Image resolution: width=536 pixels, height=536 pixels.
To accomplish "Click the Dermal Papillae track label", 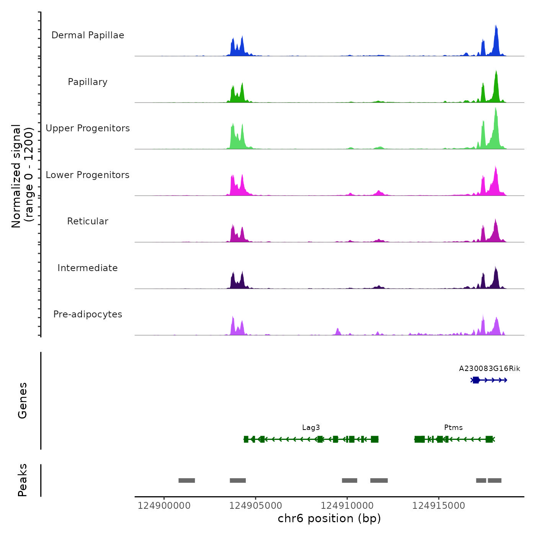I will tap(88, 35).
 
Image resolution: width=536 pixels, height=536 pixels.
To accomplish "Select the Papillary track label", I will tap(88, 82).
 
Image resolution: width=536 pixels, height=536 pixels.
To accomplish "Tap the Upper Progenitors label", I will tap(88, 128).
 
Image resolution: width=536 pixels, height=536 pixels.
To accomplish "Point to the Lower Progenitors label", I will tap(88, 175).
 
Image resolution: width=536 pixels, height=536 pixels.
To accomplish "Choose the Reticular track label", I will tap(88, 221).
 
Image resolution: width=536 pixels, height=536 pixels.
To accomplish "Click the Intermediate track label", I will tap(88, 268).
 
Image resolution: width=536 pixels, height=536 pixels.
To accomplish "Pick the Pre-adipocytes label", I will tap(88, 314).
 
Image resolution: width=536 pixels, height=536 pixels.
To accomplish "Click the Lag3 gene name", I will tap(311, 428).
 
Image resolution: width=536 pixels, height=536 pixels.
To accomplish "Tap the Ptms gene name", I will tap(453, 428).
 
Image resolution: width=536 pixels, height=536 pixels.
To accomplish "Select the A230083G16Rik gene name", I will tap(489, 369).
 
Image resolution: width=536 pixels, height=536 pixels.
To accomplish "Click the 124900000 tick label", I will tap(164, 506).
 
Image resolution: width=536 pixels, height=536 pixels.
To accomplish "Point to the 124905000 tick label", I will tap(255, 506).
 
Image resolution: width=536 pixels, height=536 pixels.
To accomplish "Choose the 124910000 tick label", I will tap(347, 506).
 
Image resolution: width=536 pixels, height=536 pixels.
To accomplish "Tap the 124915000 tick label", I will tap(438, 506).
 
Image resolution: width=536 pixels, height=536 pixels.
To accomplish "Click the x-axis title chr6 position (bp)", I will tap(329, 518).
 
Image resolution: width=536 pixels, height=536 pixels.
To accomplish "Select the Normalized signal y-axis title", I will tap(22, 176).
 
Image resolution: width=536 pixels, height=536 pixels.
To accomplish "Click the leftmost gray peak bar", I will tap(186, 480).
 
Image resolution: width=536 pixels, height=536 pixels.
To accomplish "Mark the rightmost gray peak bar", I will tap(494, 480).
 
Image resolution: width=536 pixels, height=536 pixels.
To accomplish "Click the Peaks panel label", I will tap(23, 480).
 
